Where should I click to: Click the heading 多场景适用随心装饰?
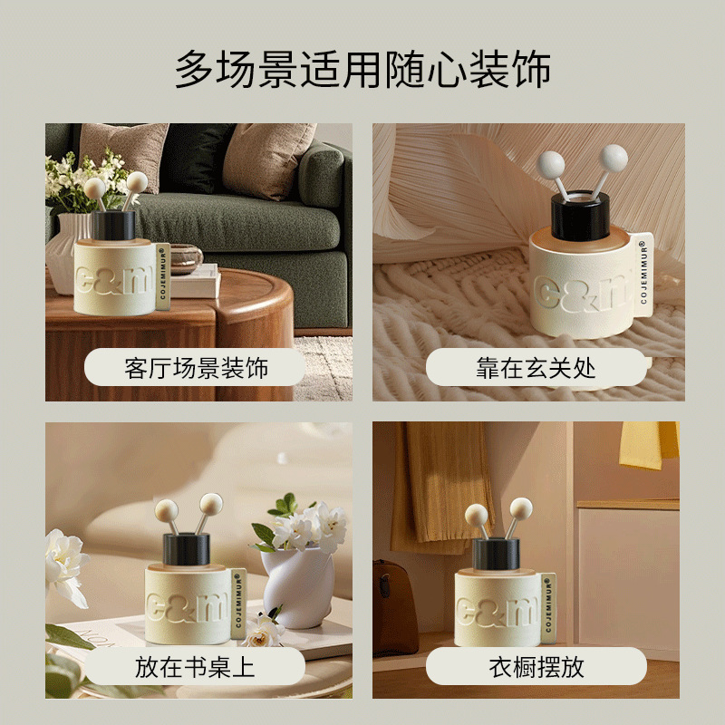(362, 70)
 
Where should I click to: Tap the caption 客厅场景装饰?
(196, 368)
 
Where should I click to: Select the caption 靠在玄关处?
(536, 368)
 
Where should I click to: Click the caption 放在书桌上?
(195, 667)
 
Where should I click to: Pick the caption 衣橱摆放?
(536, 667)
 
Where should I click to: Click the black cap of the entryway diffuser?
(580, 217)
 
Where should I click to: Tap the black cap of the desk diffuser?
(187, 549)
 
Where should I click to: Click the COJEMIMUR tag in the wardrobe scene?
(548, 608)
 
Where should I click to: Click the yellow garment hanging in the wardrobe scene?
(649, 444)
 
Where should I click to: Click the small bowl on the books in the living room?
(187, 257)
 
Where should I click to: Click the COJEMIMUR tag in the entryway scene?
(644, 273)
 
